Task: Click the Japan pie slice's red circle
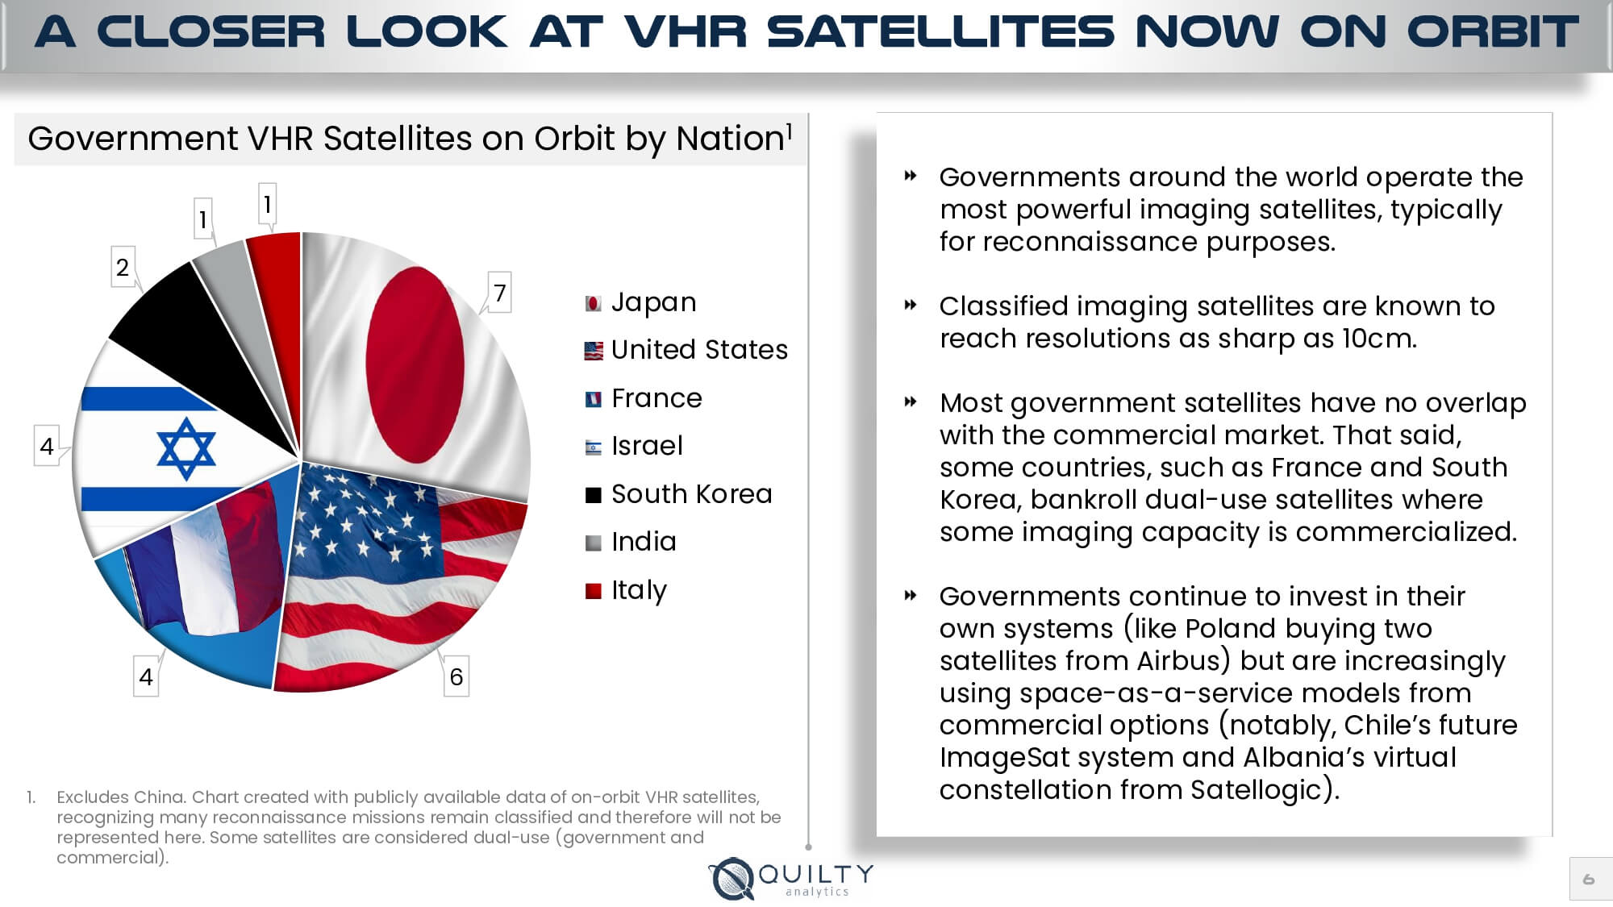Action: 415,364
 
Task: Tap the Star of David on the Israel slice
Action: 186,448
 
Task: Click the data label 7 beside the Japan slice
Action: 499,293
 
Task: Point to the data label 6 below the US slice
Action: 456,676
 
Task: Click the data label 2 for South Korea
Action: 123,267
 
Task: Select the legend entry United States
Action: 698,350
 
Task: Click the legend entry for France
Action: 656,398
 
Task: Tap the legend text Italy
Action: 638,590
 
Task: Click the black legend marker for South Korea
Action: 594,495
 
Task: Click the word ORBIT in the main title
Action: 1492,32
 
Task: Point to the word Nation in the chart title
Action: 729,139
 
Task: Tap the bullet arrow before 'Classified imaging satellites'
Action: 911,306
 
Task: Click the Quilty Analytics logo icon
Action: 732,878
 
